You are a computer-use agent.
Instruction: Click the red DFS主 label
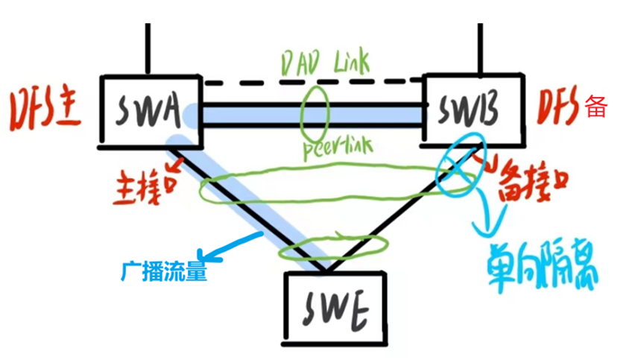(x=45, y=111)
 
